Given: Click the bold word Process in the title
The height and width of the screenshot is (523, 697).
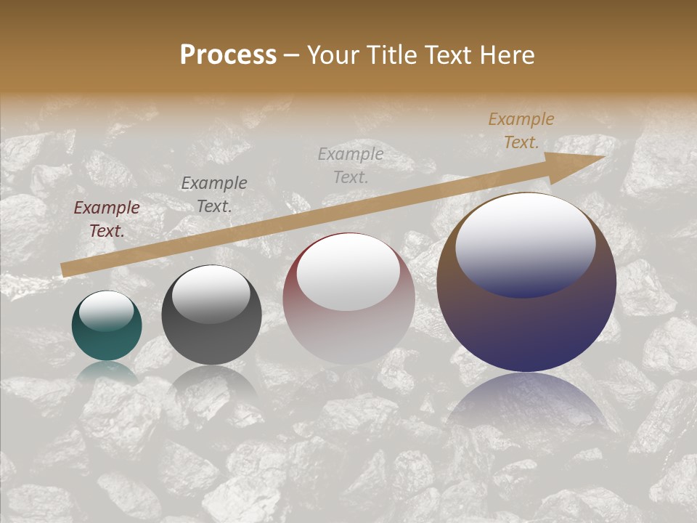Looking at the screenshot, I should pyautogui.click(x=228, y=55).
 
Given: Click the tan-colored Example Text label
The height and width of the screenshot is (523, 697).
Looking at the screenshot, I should pyautogui.click(x=521, y=131).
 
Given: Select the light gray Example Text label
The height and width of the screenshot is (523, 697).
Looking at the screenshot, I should pyautogui.click(x=351, y=165).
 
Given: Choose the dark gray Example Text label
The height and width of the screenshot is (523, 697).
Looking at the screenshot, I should pyautogui.click(x=214, y=195).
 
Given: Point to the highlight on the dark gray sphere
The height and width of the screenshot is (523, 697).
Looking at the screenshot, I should pyautogui.click(x=211, y=294).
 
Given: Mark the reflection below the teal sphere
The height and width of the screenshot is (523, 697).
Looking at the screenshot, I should pyautogui.click(x=107, y=372).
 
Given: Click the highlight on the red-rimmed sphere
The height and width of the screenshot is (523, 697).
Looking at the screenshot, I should pyautogui.click(x=348, y=270).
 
